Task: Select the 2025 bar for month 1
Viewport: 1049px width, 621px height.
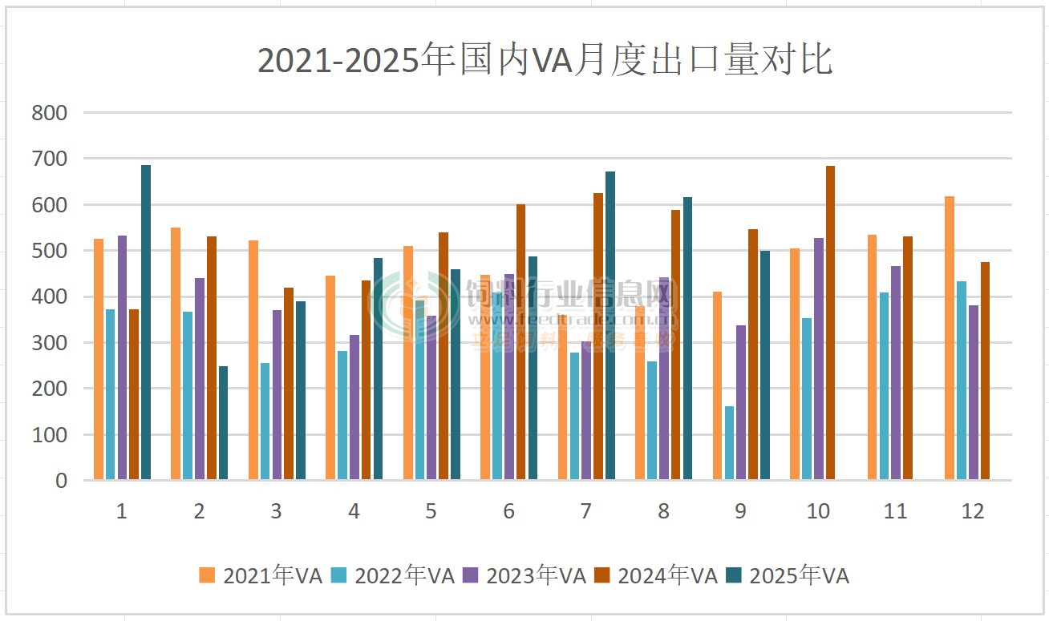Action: click(146, 322)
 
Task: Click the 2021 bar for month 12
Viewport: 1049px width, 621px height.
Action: click(950, 338)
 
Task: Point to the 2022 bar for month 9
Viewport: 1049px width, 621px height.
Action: click(729, 443)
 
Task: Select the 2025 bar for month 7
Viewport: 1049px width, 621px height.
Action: click(610, 325)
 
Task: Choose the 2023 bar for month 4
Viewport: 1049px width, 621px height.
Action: click(354, 407)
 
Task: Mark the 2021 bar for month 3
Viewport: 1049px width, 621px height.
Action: click(253, 360)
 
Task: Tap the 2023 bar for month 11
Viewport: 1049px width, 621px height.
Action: click(896, 373)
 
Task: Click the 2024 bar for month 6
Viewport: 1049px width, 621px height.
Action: click(521, 342)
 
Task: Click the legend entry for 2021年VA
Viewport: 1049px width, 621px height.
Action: click(261, 575)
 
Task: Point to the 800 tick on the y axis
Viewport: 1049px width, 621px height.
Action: click(49, 113)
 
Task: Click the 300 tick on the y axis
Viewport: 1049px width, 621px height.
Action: click(49, 343)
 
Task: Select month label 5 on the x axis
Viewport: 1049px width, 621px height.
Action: click(431, 511)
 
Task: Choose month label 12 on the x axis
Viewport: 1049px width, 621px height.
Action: click(973, 511)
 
